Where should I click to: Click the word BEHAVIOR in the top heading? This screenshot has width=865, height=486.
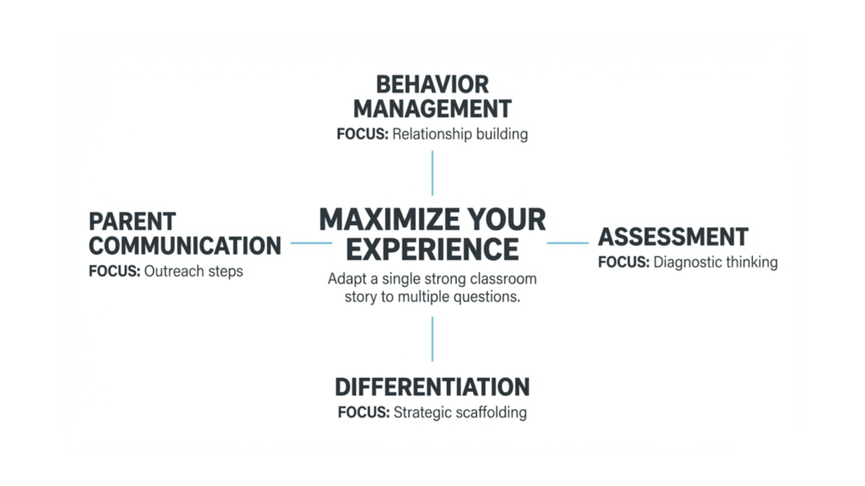point(432,85)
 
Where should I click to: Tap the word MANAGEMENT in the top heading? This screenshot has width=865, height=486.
point(432,109)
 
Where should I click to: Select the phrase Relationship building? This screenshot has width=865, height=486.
point(460,134)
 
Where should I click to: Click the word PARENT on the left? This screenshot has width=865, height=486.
point(133,222)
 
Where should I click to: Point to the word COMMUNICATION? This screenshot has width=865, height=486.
point(185,246)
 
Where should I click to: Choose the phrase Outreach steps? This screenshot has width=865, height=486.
point(194,272)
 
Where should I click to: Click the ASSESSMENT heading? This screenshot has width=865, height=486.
point(673,236)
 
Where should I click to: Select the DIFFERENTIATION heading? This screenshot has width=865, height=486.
point(432,387)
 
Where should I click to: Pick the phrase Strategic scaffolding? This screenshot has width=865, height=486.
point(460,413)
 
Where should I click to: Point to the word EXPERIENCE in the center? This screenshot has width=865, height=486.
point(432,250)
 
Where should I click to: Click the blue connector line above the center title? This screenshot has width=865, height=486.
point(432,173)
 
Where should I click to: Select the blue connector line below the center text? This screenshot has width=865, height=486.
point(432,339)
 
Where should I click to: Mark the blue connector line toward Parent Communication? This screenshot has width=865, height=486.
point(311,243)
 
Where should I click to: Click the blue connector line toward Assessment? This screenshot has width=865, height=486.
point(568,243)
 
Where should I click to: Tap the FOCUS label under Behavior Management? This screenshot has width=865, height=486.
point(362,134)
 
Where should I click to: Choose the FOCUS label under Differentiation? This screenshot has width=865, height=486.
point(364,413)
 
